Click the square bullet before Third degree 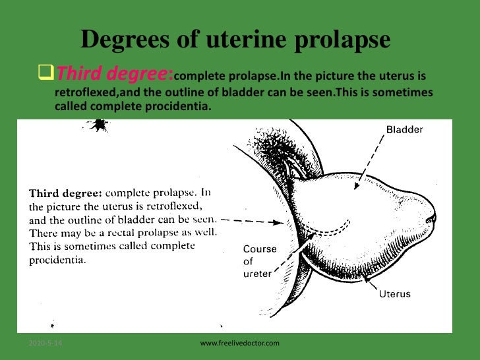pyautogui.click(x=46, y=70)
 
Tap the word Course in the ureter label pyautogui.click(x=260, y=249)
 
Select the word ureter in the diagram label pyautogui.click(x=258, y=273)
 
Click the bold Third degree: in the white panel pyautogui.click(x=63, y=194)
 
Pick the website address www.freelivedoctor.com pyautogui.click(x=240, y=344)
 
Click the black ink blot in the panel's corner pyautogui.click(x=99, y=124)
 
